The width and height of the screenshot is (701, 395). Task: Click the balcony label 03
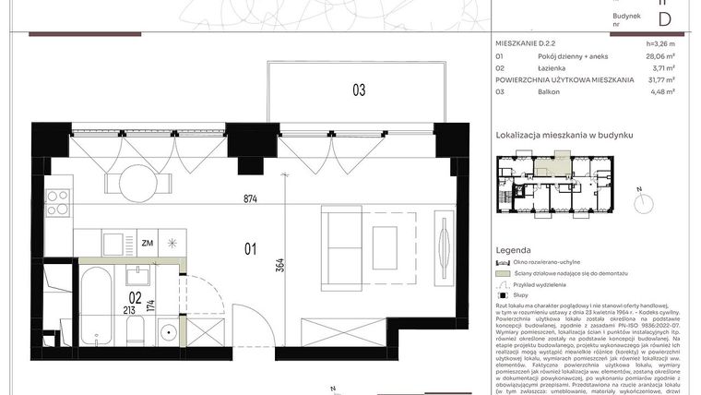click(358, 90)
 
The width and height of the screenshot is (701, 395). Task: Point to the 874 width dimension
click(250, 198)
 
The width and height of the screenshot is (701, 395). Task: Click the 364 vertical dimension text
click(279, 265)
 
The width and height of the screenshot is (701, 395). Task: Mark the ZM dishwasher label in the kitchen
click(148, 244)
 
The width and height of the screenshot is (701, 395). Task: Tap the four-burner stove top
click(59, 202)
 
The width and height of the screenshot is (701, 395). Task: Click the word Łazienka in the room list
click(556, 67)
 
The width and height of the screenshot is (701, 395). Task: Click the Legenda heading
click(513, 250)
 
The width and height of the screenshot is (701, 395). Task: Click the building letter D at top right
click(663, 18)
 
